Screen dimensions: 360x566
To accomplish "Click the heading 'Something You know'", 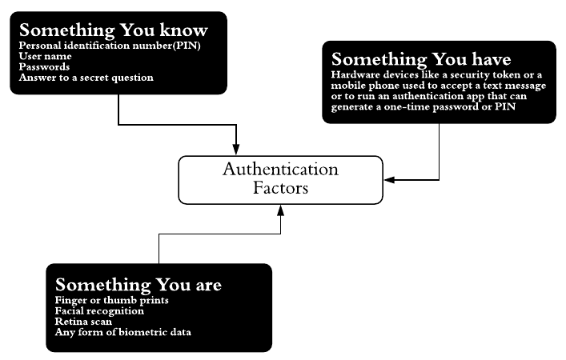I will tap(113, 30).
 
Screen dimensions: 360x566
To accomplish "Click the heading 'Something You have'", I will tap(421, 59).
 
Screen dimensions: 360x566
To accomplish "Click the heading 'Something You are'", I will tap(138, 286).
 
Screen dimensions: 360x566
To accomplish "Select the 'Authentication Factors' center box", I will tap(280, 179).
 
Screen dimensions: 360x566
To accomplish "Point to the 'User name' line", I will tap(45, 57).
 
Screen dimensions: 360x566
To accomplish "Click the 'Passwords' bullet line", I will tap(44, 67).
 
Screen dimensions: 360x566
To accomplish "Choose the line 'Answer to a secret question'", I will tap(86, 78).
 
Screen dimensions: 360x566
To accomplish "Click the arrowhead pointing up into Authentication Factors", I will tap(280, 209).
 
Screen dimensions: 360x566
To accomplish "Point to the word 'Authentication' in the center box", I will tap(280, 170).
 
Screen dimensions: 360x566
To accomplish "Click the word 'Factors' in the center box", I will tap(280, 189).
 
